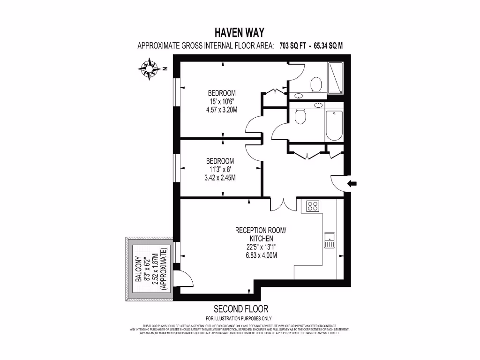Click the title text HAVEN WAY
(240, 32)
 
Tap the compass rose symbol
(150, 69)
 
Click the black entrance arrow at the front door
(352, 183)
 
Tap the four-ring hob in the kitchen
(313, 206)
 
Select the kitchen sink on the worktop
(329, 240)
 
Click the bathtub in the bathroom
(334, 126)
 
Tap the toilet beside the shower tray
(316, 84)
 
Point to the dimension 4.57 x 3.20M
(222, 110)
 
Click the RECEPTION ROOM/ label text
(260, 230)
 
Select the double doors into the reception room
(283, 204)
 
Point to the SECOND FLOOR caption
(241, 309)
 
